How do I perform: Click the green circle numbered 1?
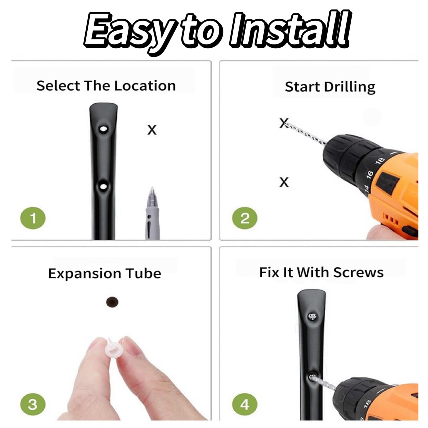pos(33,218)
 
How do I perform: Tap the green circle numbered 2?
pos(245,218)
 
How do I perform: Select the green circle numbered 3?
pos(33,404)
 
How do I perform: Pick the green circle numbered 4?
pos(245,404)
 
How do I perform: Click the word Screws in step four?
pos(358,273)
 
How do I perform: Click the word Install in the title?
pos(289,30)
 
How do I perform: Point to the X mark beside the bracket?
pos(152,130)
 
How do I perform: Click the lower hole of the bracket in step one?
pos(103,187)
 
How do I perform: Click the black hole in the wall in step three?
pos(112,302)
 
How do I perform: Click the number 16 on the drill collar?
pos(370,174)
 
